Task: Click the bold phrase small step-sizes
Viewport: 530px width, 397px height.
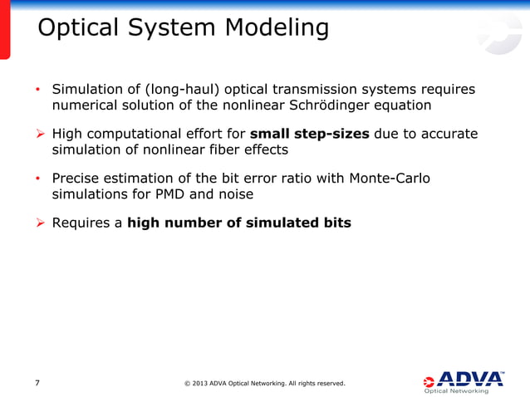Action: (x=309, y=133)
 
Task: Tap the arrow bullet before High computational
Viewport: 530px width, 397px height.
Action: (x=40, y=133)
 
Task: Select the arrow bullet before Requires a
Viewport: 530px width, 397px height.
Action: (x=40, y=222)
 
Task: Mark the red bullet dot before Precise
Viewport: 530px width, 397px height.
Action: (x=37, y=178)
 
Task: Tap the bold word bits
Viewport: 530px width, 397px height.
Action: (x=336, y=222)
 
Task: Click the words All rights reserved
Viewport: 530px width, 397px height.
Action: (x=312, y=384)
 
